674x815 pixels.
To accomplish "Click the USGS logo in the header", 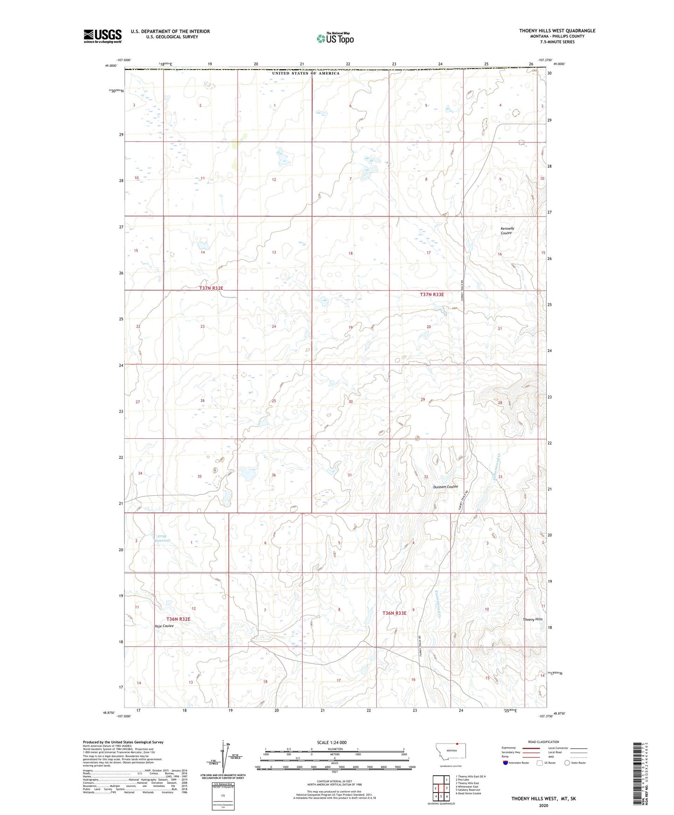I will click(x=103, y=36).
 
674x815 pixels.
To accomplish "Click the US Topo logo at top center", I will click(x=335, y=38).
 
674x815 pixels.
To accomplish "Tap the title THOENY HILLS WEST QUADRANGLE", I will click(x=557, y=31).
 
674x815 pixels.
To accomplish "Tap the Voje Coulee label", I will click(x=164, y=626).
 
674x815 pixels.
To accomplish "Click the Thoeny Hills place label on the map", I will click(x=533, y=619).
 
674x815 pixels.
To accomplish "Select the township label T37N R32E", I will click(x=211, y=288).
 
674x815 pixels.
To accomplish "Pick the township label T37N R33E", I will click(x=432, y=295).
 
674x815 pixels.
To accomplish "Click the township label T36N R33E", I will click(x=395, y=613).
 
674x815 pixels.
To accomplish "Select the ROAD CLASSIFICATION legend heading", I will click(x=544, y=742).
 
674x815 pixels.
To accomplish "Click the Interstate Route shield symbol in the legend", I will click(x=506, y=764).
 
